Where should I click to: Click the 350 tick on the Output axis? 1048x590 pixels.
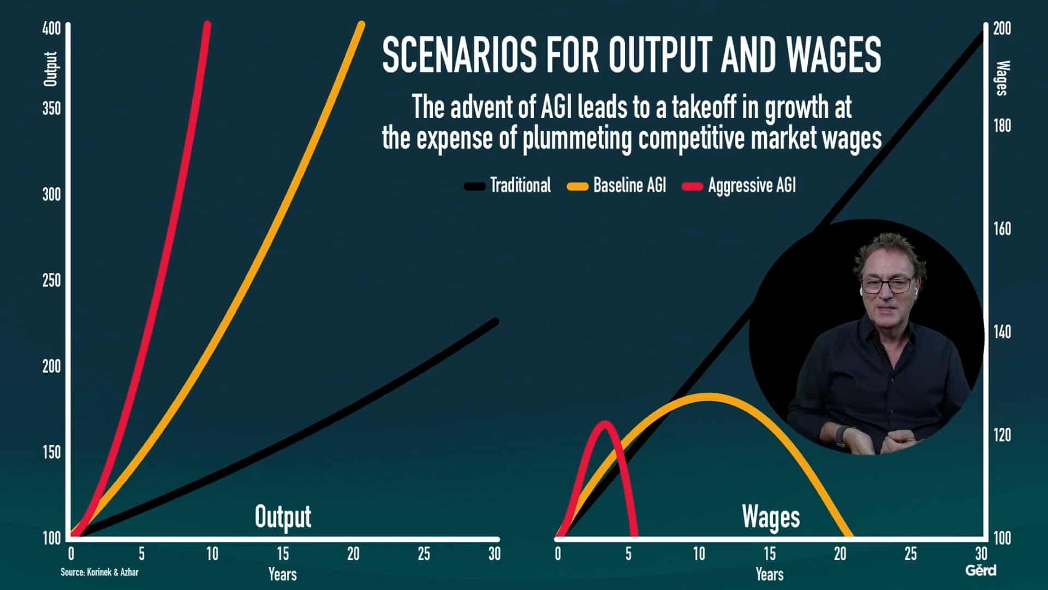point(51,108)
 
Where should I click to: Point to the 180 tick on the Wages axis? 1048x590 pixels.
point(1002,126)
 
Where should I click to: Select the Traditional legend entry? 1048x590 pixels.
point(508,186)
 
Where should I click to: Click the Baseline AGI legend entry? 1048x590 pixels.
point(617,186)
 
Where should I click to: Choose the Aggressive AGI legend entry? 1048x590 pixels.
point(739,186)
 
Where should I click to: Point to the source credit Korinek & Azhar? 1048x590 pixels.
point(99,573)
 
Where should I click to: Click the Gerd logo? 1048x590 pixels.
point(981,570)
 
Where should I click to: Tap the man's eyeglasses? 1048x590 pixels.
point(886,285)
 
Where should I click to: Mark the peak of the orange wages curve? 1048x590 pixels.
point(707,396)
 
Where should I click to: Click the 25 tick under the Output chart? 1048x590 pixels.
point(424,554)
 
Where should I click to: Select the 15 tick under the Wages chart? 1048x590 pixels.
point(769,554)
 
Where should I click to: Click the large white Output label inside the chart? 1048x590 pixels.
point(283,517)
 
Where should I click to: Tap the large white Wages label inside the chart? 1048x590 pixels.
point(771,517)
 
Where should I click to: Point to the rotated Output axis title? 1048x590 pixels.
point(50,69)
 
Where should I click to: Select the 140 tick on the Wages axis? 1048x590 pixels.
point(1002,332)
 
